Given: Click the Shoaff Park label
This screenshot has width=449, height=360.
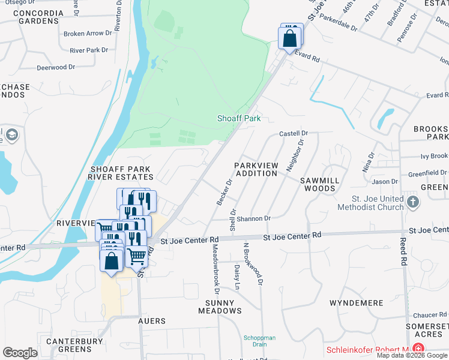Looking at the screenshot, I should click(x=239, y=119).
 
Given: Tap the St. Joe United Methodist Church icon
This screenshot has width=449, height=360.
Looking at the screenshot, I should click(x=412, y=201).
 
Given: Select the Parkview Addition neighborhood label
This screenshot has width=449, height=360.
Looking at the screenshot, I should click(x=256, y=169).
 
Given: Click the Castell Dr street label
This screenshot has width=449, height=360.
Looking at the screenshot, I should click(x=294, y=133).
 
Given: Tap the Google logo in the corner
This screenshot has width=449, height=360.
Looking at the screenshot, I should click(x=20, y=353).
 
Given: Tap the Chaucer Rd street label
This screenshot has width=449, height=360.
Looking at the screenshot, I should click(x=430, y=315).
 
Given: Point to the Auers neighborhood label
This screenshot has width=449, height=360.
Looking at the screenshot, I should click(x=152, y=322).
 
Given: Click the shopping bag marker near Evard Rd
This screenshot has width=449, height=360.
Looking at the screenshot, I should click(x=290, y=39).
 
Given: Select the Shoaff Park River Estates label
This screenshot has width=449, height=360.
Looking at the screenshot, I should click(x=121, y=173).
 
